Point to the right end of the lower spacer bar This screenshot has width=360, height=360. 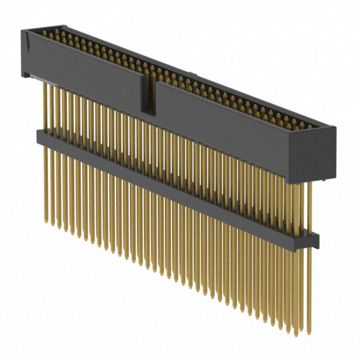312,240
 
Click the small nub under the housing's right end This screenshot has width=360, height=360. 328,179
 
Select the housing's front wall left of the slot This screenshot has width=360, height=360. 84,70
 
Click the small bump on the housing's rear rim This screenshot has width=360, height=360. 195,74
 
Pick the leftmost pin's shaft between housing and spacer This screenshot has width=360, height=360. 46,107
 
